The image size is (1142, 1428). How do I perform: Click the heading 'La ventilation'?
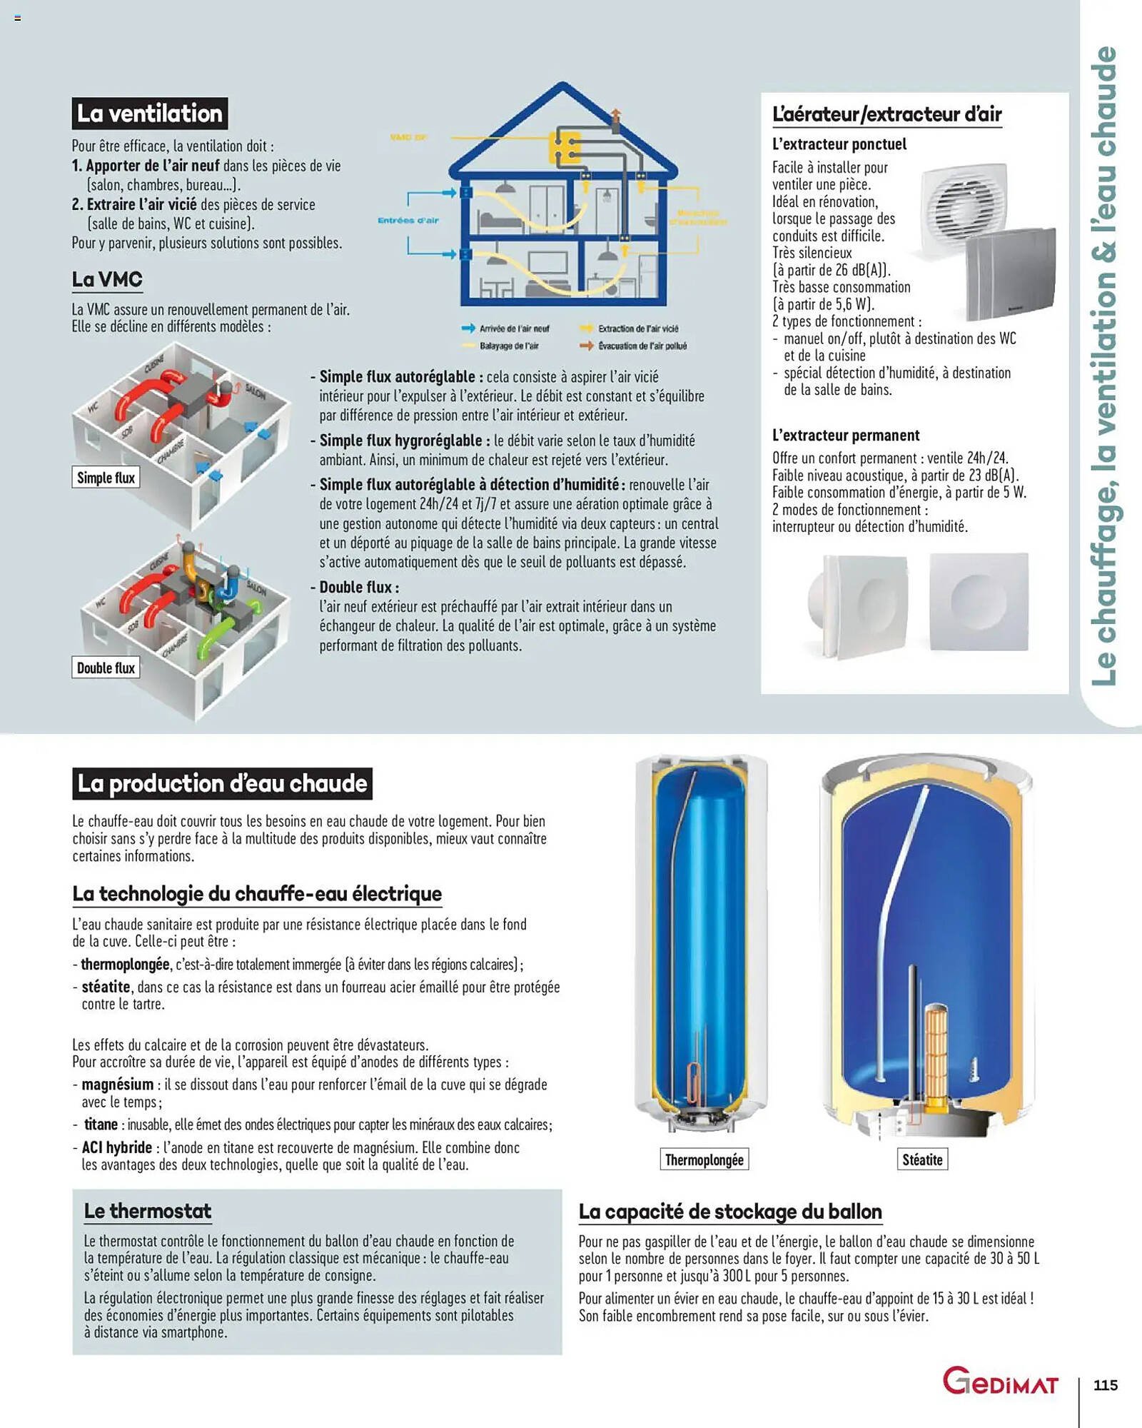149,114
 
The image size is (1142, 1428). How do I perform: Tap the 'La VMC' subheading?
107,279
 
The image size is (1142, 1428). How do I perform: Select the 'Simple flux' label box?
106,478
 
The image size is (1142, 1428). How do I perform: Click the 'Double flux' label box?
106,668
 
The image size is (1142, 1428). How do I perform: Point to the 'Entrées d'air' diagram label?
408,220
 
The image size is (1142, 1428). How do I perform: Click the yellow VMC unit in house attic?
563,147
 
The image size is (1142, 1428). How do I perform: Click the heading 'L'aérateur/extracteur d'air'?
886,114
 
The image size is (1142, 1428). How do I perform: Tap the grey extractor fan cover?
1010,275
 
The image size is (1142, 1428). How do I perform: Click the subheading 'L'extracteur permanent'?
845,435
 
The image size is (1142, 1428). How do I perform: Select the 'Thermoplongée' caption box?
704,1160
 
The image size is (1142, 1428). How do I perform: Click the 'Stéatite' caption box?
922,1160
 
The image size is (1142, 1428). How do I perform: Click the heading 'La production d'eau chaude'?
222,783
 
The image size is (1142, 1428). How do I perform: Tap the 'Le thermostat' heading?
148,1211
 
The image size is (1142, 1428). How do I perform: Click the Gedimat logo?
999,1382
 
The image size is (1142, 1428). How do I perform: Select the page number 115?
1106,1385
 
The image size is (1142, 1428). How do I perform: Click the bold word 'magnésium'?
117,1085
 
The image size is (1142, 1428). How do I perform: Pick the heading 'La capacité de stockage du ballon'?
730,1212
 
